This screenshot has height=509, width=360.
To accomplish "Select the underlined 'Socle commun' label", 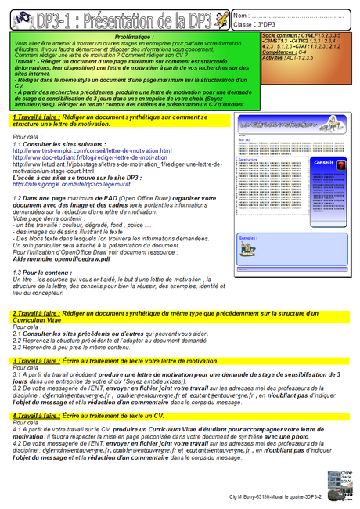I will tap(275, 36).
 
